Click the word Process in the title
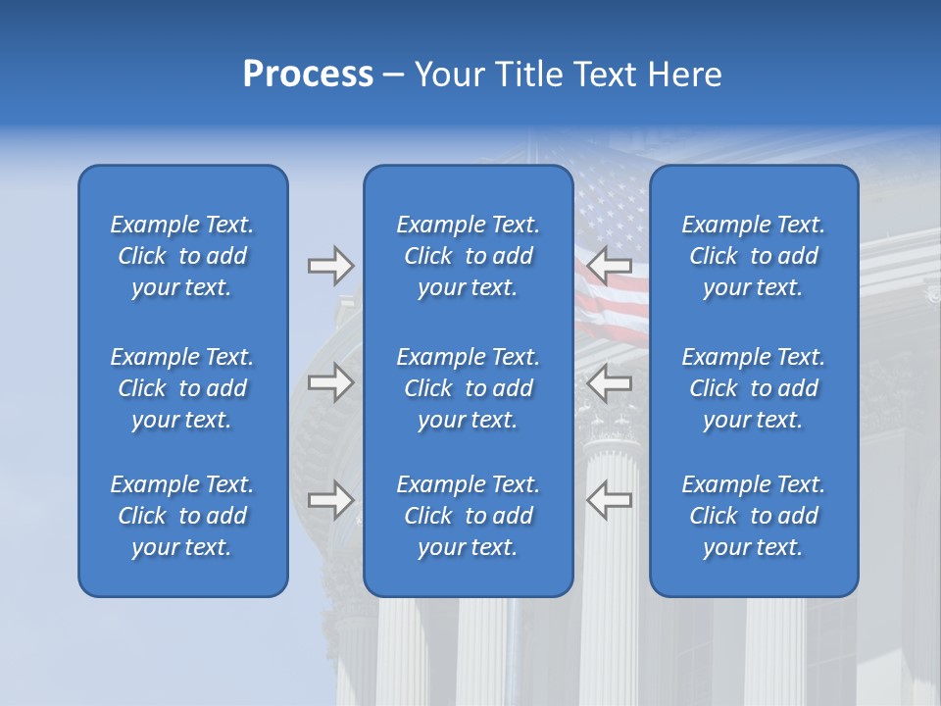click(x=308, y=75)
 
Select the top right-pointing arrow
click(x=330, y=266)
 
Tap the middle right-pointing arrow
click(x=330, y=382)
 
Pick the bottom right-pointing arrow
click(x=330, y=500)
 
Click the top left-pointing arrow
click(x=610, y=266)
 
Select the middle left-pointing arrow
click(x=610, y=382)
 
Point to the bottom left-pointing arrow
click(x=610, y=500)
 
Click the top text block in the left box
click(x=182, y=256)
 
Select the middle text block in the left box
click(x=182, y=388)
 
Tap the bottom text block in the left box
click(x=182, y=516)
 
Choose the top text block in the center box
click(x=468, y=256)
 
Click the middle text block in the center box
click(x=468, y=388)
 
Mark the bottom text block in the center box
click(x=468, y=516)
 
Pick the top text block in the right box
click(x=753, y=256)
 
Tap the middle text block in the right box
click(x=753, y=388)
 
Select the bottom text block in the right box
click(x=753, y=516)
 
